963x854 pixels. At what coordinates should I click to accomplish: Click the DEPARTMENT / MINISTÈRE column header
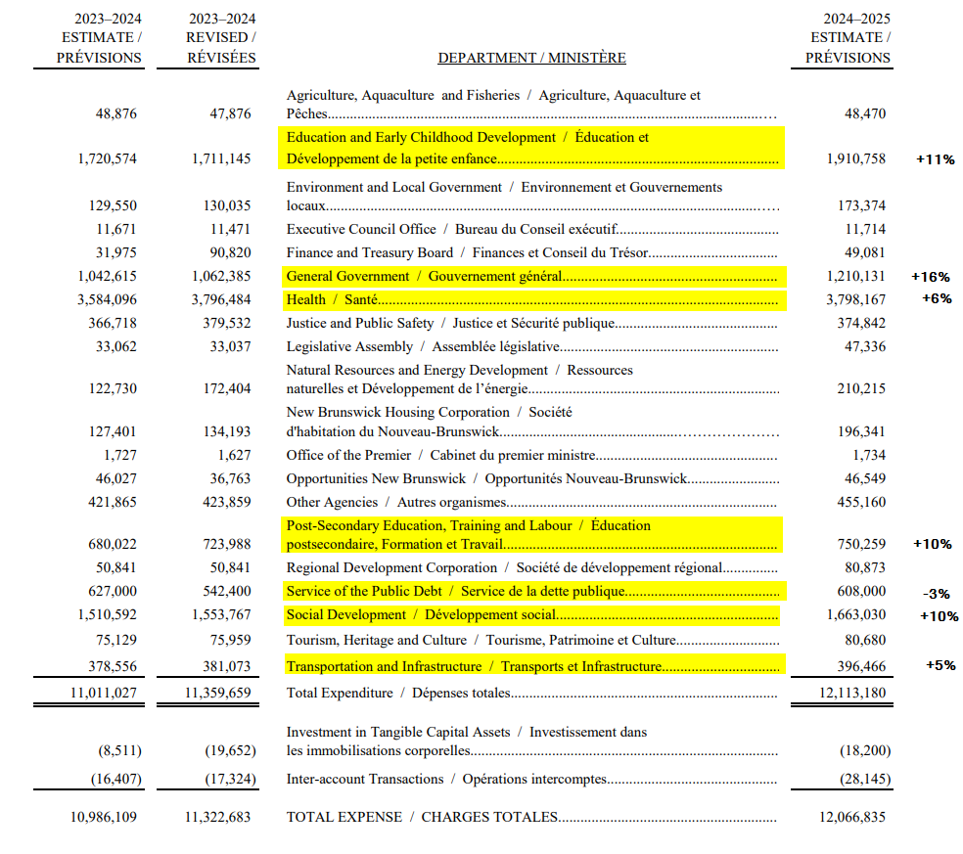coord(531,58)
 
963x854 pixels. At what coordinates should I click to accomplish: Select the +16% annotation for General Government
coord(930,277)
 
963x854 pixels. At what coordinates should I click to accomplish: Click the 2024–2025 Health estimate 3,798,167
coord(848,299)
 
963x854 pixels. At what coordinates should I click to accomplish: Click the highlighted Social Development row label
coord(422,615)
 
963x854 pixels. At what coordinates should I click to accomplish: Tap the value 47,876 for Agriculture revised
coord(230,113)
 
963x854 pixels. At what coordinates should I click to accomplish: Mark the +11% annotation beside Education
coord(935,159)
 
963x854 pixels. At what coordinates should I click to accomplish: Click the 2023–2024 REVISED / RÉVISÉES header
coord(221,38)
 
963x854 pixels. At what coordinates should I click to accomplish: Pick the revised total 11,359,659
coord(217,694)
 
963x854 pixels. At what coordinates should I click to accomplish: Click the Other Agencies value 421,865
coord(116,503)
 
